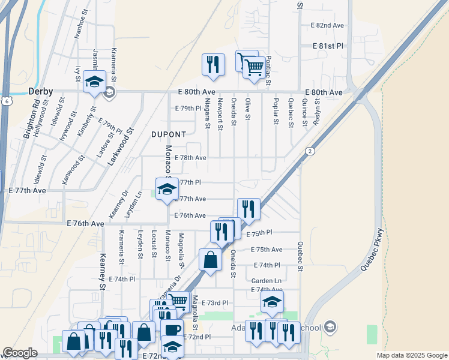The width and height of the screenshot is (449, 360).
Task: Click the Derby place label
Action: click(41, 92)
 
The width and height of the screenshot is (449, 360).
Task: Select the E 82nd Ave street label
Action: click(327, 25)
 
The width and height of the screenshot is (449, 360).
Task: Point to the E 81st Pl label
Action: click(327, 46)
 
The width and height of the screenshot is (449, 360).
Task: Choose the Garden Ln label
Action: click(266, 281)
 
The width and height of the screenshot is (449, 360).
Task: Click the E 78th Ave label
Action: click(190, 158)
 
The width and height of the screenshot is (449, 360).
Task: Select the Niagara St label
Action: click(208, 113)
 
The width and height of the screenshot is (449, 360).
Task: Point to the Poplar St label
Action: click(276, 111)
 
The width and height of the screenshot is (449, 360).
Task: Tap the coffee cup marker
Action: click(172, 329)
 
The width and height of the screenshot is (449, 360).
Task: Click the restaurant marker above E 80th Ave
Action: click(213, 64)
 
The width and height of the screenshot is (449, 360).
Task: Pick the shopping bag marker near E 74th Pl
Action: click(210, 260)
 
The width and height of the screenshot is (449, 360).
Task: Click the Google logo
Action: click(20, 353)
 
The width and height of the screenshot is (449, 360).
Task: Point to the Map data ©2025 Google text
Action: click(411, 355)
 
